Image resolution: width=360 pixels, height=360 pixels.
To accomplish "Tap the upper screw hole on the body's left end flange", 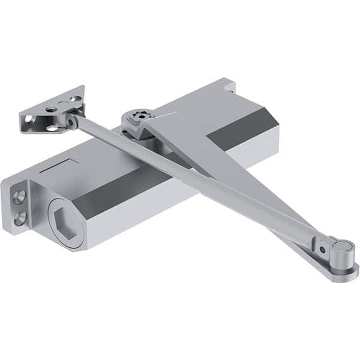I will pyautogui.click(x=20, y=196).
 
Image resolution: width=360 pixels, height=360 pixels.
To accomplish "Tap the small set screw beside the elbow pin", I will pyautogui.click(x=322, y=247).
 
